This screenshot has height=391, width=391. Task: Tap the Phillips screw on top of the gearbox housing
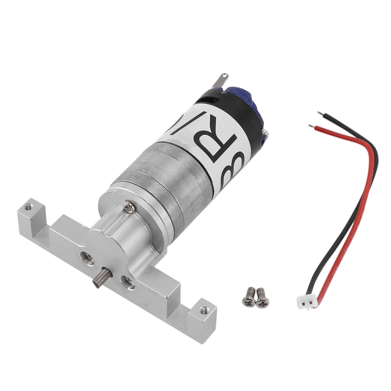coord(128,208)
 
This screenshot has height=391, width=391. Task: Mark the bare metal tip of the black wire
coord(320,114)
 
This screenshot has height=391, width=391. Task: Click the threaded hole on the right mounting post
coord(204,309)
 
